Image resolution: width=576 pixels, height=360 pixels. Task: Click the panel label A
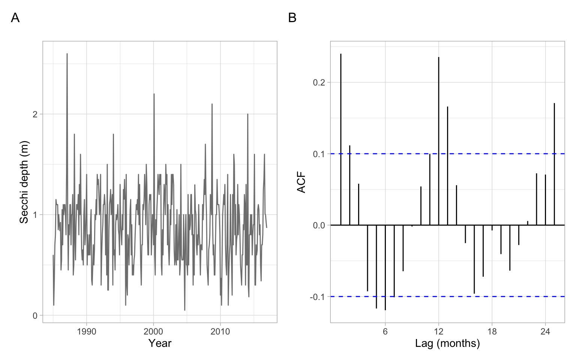[15, 18]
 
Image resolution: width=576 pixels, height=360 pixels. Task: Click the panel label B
[292, 18]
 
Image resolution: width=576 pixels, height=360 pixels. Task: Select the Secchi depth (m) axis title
[24, 182]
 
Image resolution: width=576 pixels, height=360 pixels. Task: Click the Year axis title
[160, 343]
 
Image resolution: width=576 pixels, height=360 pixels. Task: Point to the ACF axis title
[301, 182]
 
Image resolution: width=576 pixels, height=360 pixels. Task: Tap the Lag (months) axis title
[447, 343]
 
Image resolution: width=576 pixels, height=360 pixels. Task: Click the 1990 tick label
[87, 331]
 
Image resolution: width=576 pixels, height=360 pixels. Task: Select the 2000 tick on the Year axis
[153, 331]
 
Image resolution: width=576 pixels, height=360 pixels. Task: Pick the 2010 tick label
[220, 331]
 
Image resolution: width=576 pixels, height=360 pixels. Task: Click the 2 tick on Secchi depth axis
[35, 114]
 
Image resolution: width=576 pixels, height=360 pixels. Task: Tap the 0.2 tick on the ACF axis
[319, 82]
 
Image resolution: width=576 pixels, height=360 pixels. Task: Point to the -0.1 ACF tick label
[317, 297]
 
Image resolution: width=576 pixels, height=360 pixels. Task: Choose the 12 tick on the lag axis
[438, 331]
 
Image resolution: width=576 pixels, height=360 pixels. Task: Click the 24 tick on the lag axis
[545, 331]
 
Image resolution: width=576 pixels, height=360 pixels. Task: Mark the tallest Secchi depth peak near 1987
[67, 54]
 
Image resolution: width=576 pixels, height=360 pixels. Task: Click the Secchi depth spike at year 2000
[154, 94]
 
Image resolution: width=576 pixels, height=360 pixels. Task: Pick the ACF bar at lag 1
[341, 139]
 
